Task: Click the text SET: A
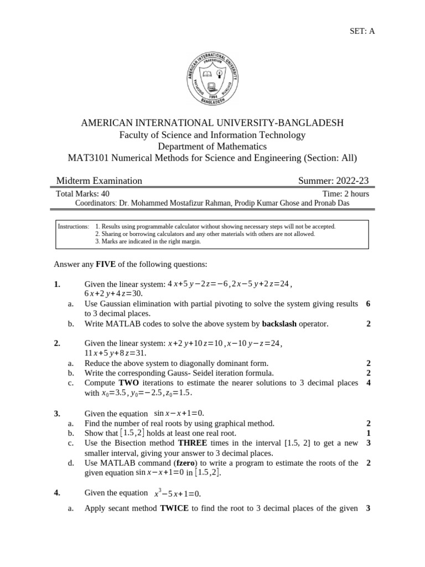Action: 362,31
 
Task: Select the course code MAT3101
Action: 89,158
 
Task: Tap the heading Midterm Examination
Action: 99,181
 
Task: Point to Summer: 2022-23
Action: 333,181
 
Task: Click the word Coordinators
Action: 95,203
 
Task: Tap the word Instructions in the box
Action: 74,226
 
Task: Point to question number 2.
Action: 57,343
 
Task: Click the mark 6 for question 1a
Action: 368,303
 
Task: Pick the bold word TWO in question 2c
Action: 128,383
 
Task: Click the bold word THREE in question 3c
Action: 193,443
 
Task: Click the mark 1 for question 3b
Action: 368,433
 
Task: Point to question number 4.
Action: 57,493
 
